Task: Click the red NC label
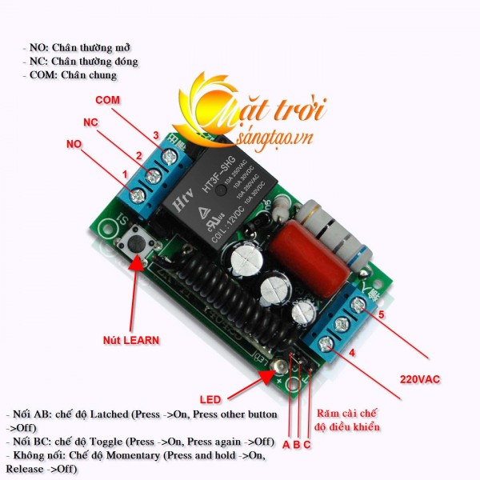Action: click(x=90, y=122)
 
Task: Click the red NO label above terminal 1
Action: click(x=73, y=143)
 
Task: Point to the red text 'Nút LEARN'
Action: click(x=131, y=340)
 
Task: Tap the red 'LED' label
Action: click(x=210, y=398)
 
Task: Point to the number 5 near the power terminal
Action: click(x=382, y=315)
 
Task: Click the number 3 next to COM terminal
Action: click(x=156, y=134)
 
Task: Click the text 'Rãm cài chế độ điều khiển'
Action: click(x=348, y=421)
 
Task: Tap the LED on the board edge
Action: click(x=279, y=367)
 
